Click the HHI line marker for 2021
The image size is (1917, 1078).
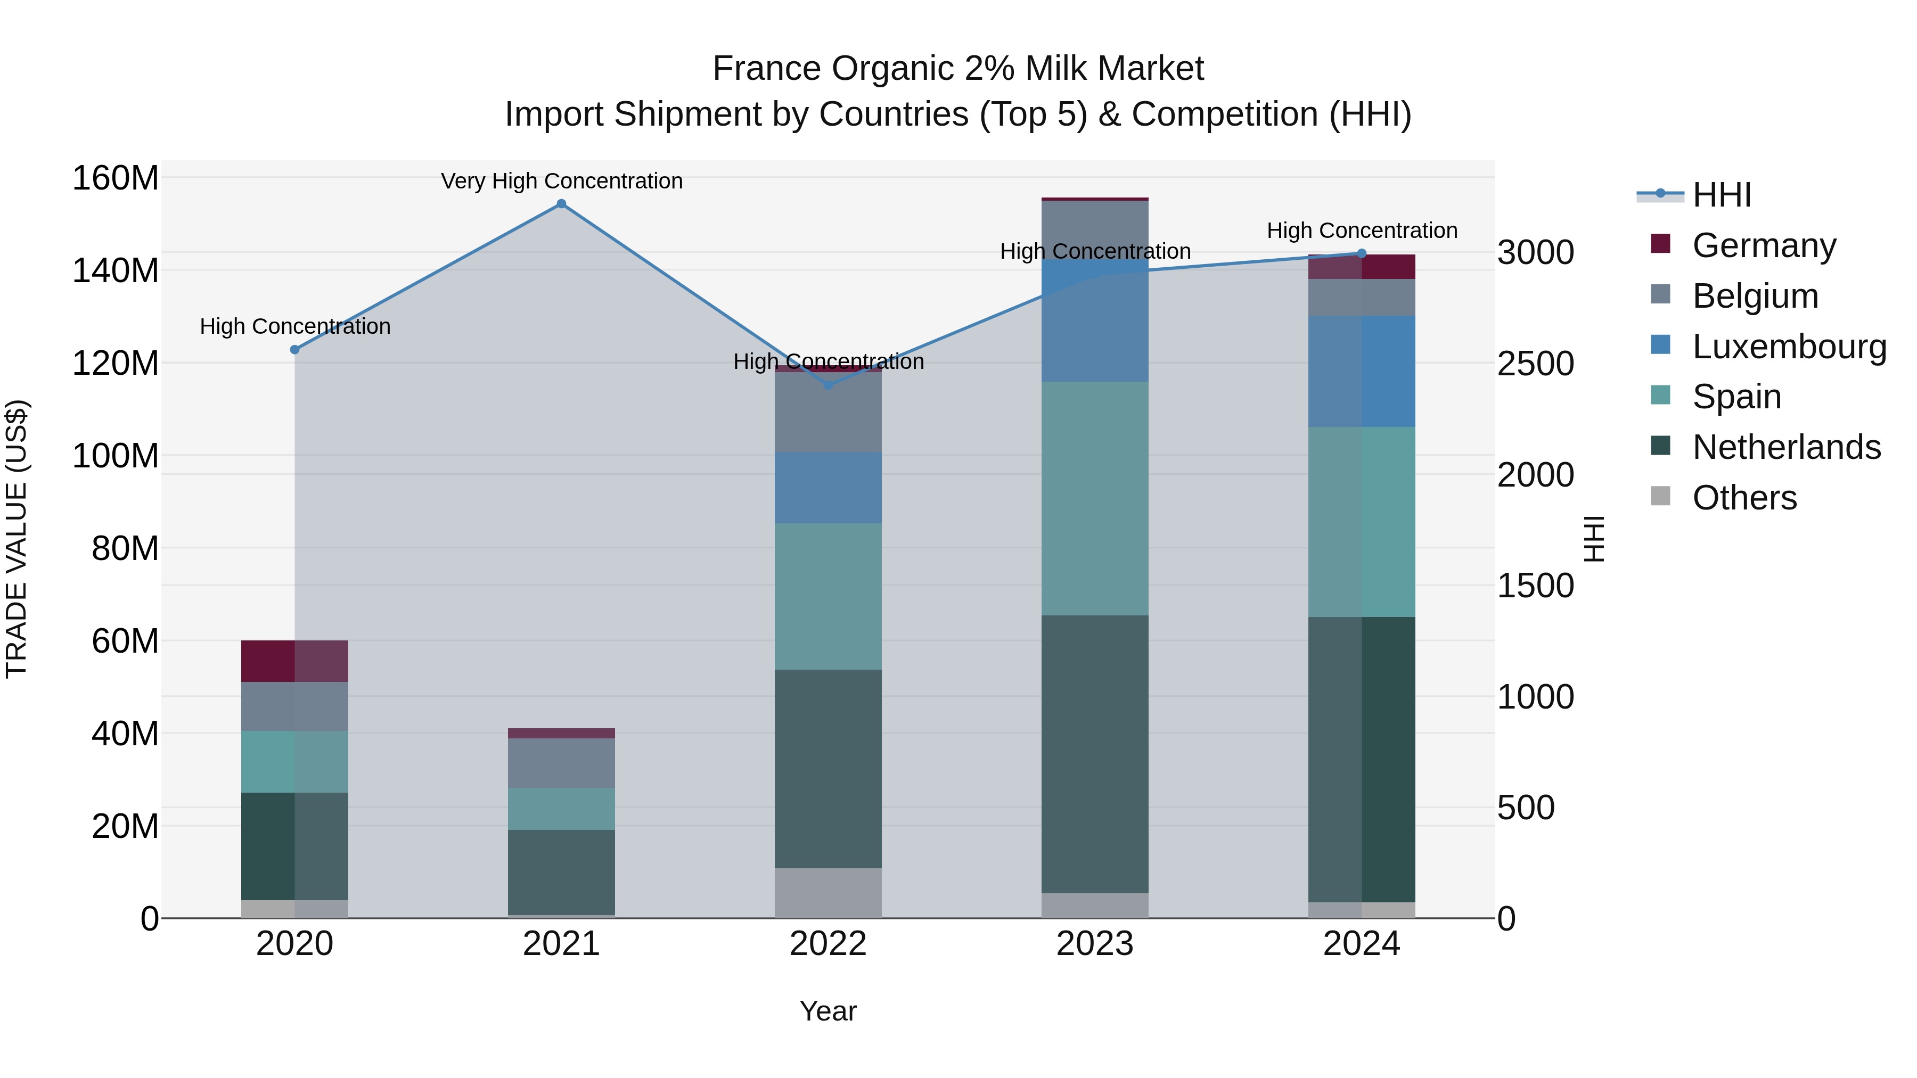coord(561,204)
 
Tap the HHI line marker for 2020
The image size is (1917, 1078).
coord(294,350)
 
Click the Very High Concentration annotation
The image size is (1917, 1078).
coord(561,181)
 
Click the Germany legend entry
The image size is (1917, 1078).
coord(1764,245)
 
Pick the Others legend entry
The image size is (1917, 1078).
coord(1743,498)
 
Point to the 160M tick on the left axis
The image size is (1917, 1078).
coord(116,178)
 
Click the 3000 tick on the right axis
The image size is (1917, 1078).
coord(1535,253)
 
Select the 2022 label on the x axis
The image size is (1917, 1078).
coord(828,944)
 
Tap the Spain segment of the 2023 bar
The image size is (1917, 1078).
coord(1095,498)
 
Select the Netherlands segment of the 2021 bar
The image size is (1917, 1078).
coord(561,872)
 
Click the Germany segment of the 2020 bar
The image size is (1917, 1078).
coord(294,661)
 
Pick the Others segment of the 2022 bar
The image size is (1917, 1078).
coord(828,893)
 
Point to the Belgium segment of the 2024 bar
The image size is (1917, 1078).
coord(1362,298)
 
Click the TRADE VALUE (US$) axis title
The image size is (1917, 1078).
coord(17,539)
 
